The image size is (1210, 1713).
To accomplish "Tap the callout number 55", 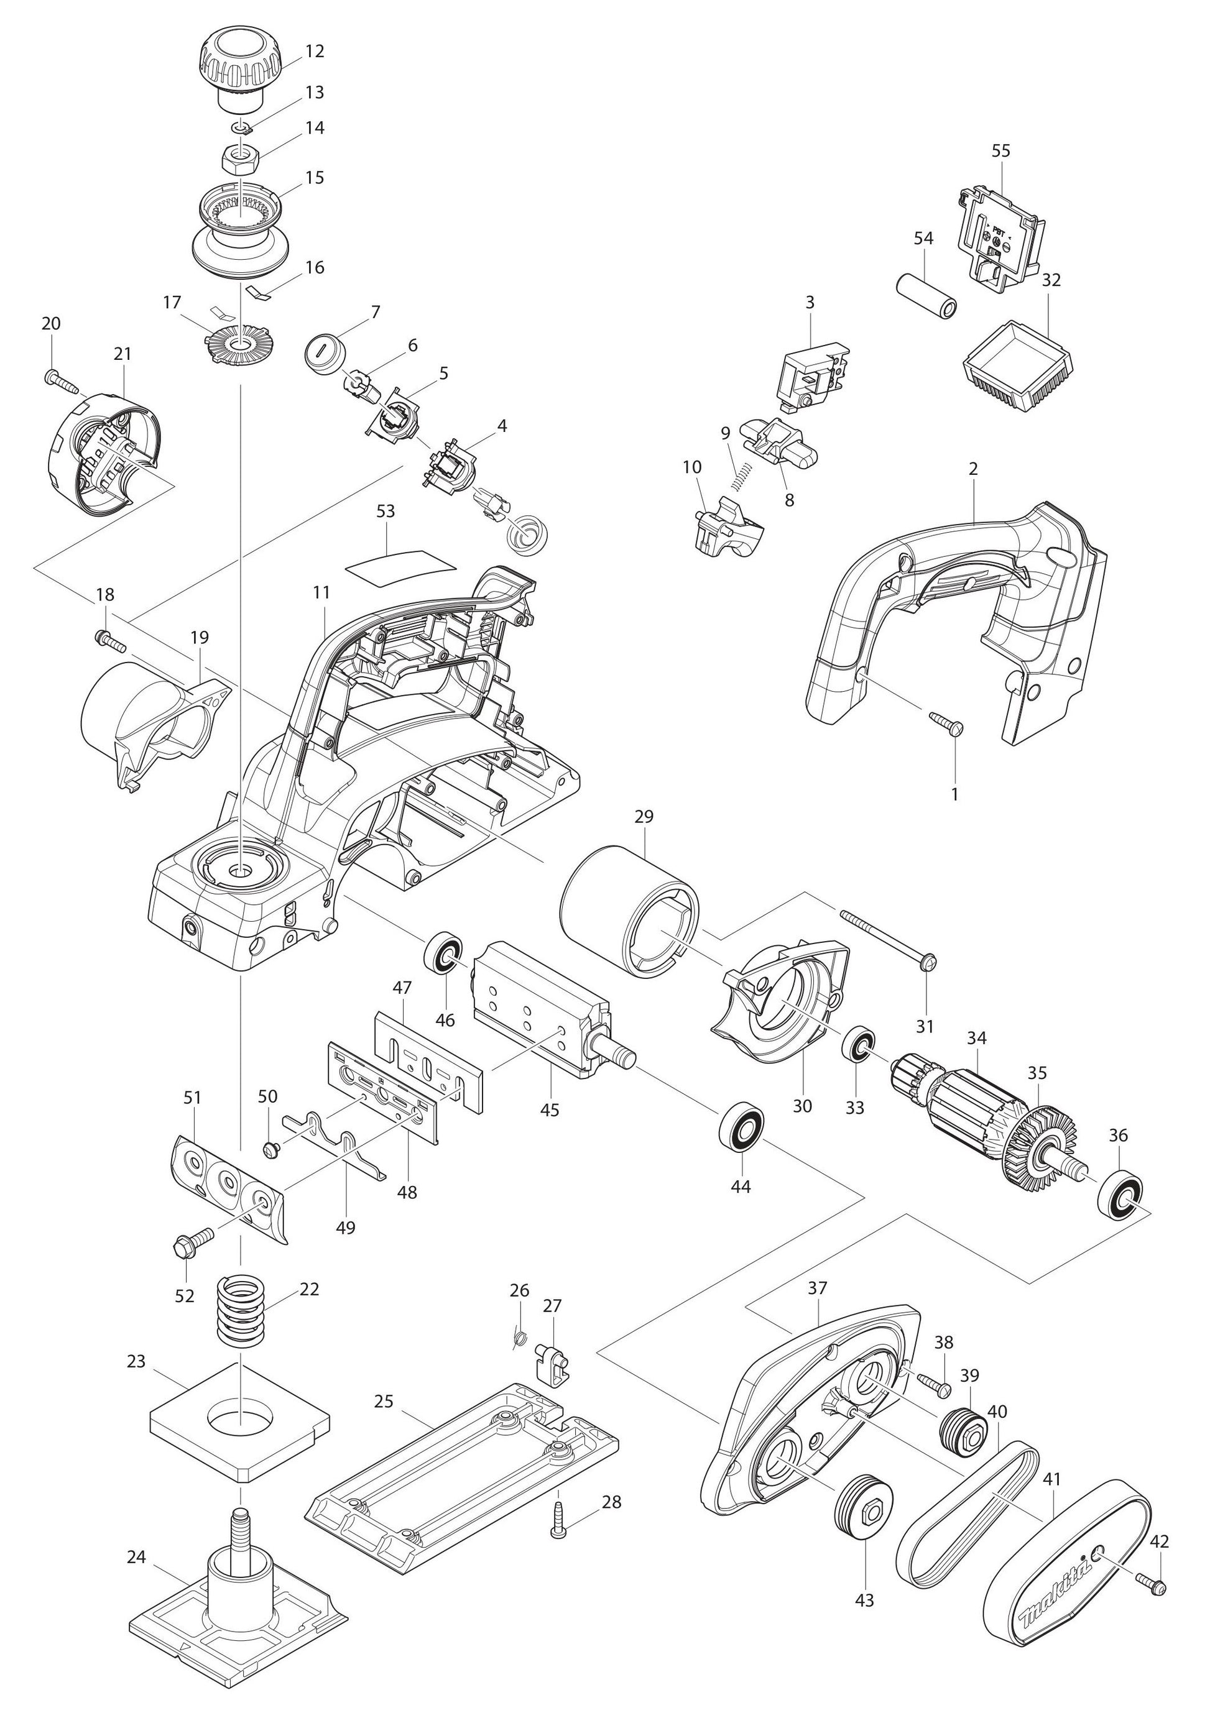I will [x=1000, y=150].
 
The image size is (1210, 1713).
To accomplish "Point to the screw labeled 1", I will [x=946, y=722].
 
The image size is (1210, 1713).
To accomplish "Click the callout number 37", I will [x=818, y=1288].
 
